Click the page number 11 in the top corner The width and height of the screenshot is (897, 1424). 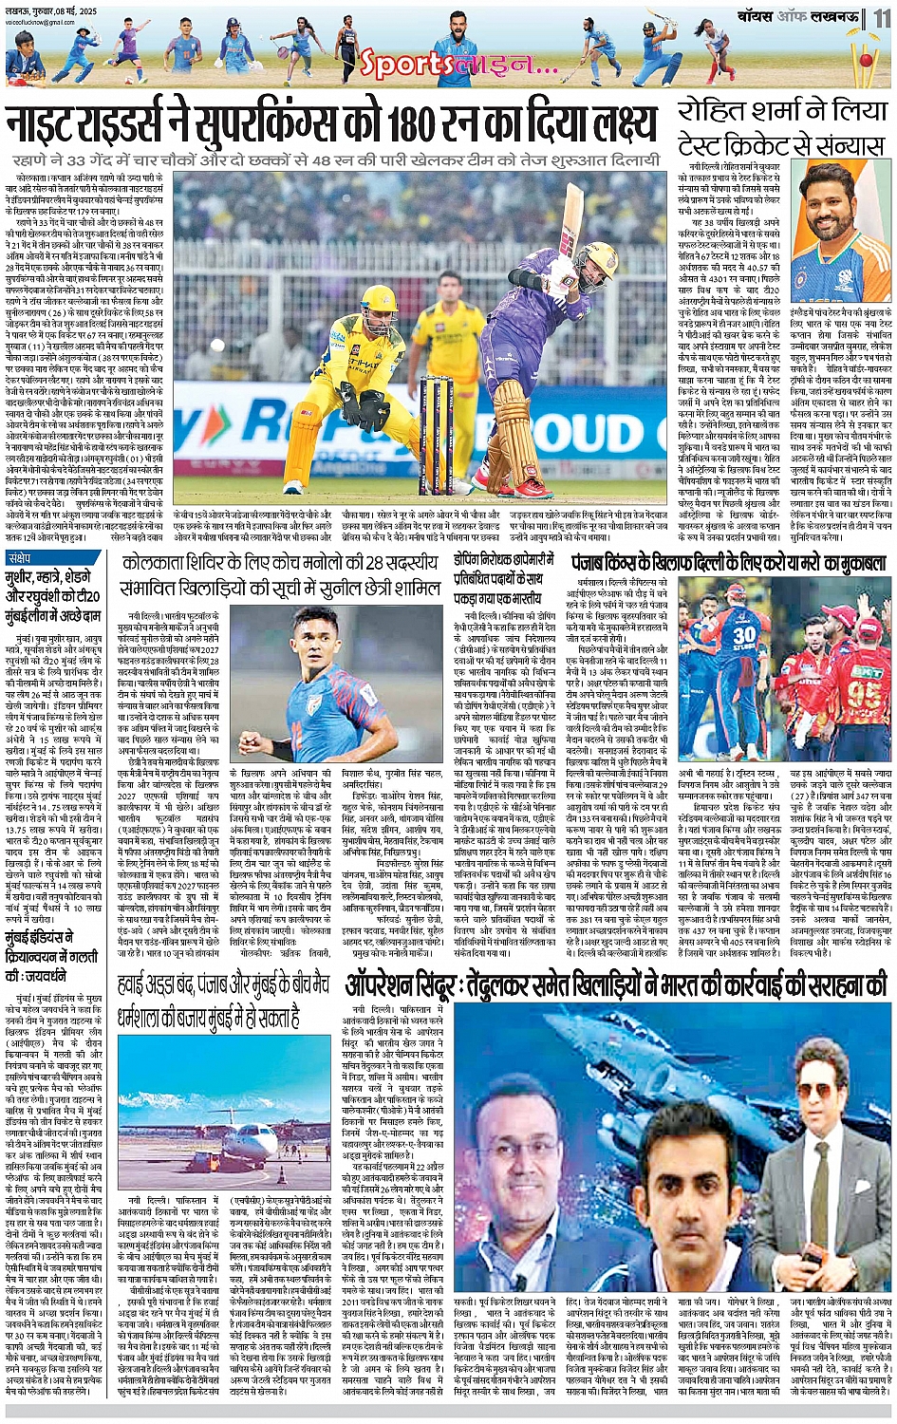point(883,17)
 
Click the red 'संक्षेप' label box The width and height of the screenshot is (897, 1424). point(20,557)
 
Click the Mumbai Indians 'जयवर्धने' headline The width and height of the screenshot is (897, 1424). point(57,962)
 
